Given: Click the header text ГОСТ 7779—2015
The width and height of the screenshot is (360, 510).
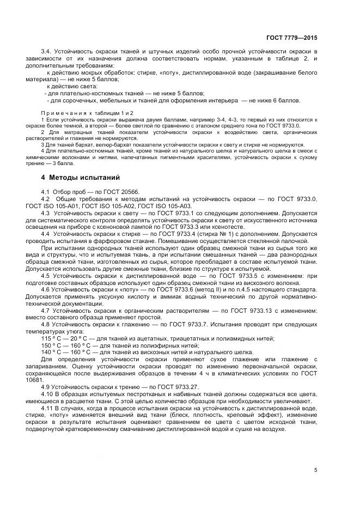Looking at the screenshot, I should [291, 38].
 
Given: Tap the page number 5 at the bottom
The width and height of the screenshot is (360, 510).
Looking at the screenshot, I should [315, 470].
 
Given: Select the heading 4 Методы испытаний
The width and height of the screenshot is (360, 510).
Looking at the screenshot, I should [80, 178].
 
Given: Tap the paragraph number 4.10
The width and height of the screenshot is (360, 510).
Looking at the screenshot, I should [48, 394].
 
